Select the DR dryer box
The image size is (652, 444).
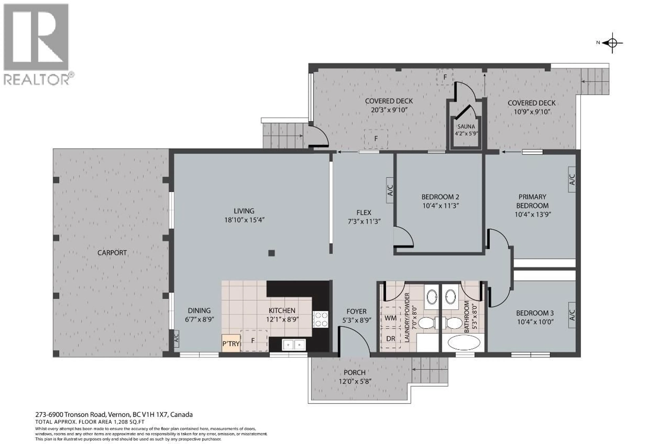pos(390,338)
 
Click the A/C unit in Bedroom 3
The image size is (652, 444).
pos(572,315)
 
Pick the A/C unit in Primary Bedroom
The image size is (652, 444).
pos(572,179)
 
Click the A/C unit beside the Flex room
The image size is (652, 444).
pos(390,190)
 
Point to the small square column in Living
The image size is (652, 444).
pos(271,253)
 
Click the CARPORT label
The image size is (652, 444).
pos(112,253)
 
